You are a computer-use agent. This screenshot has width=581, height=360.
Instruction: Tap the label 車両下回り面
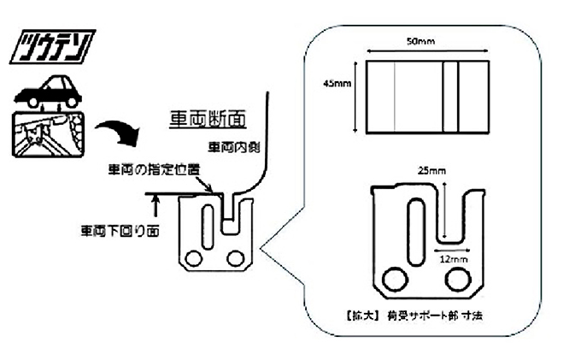pos(114,231)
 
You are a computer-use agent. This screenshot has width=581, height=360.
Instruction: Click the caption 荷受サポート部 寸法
pos(427,316)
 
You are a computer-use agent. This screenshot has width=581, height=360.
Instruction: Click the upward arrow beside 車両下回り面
pos(156,204)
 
